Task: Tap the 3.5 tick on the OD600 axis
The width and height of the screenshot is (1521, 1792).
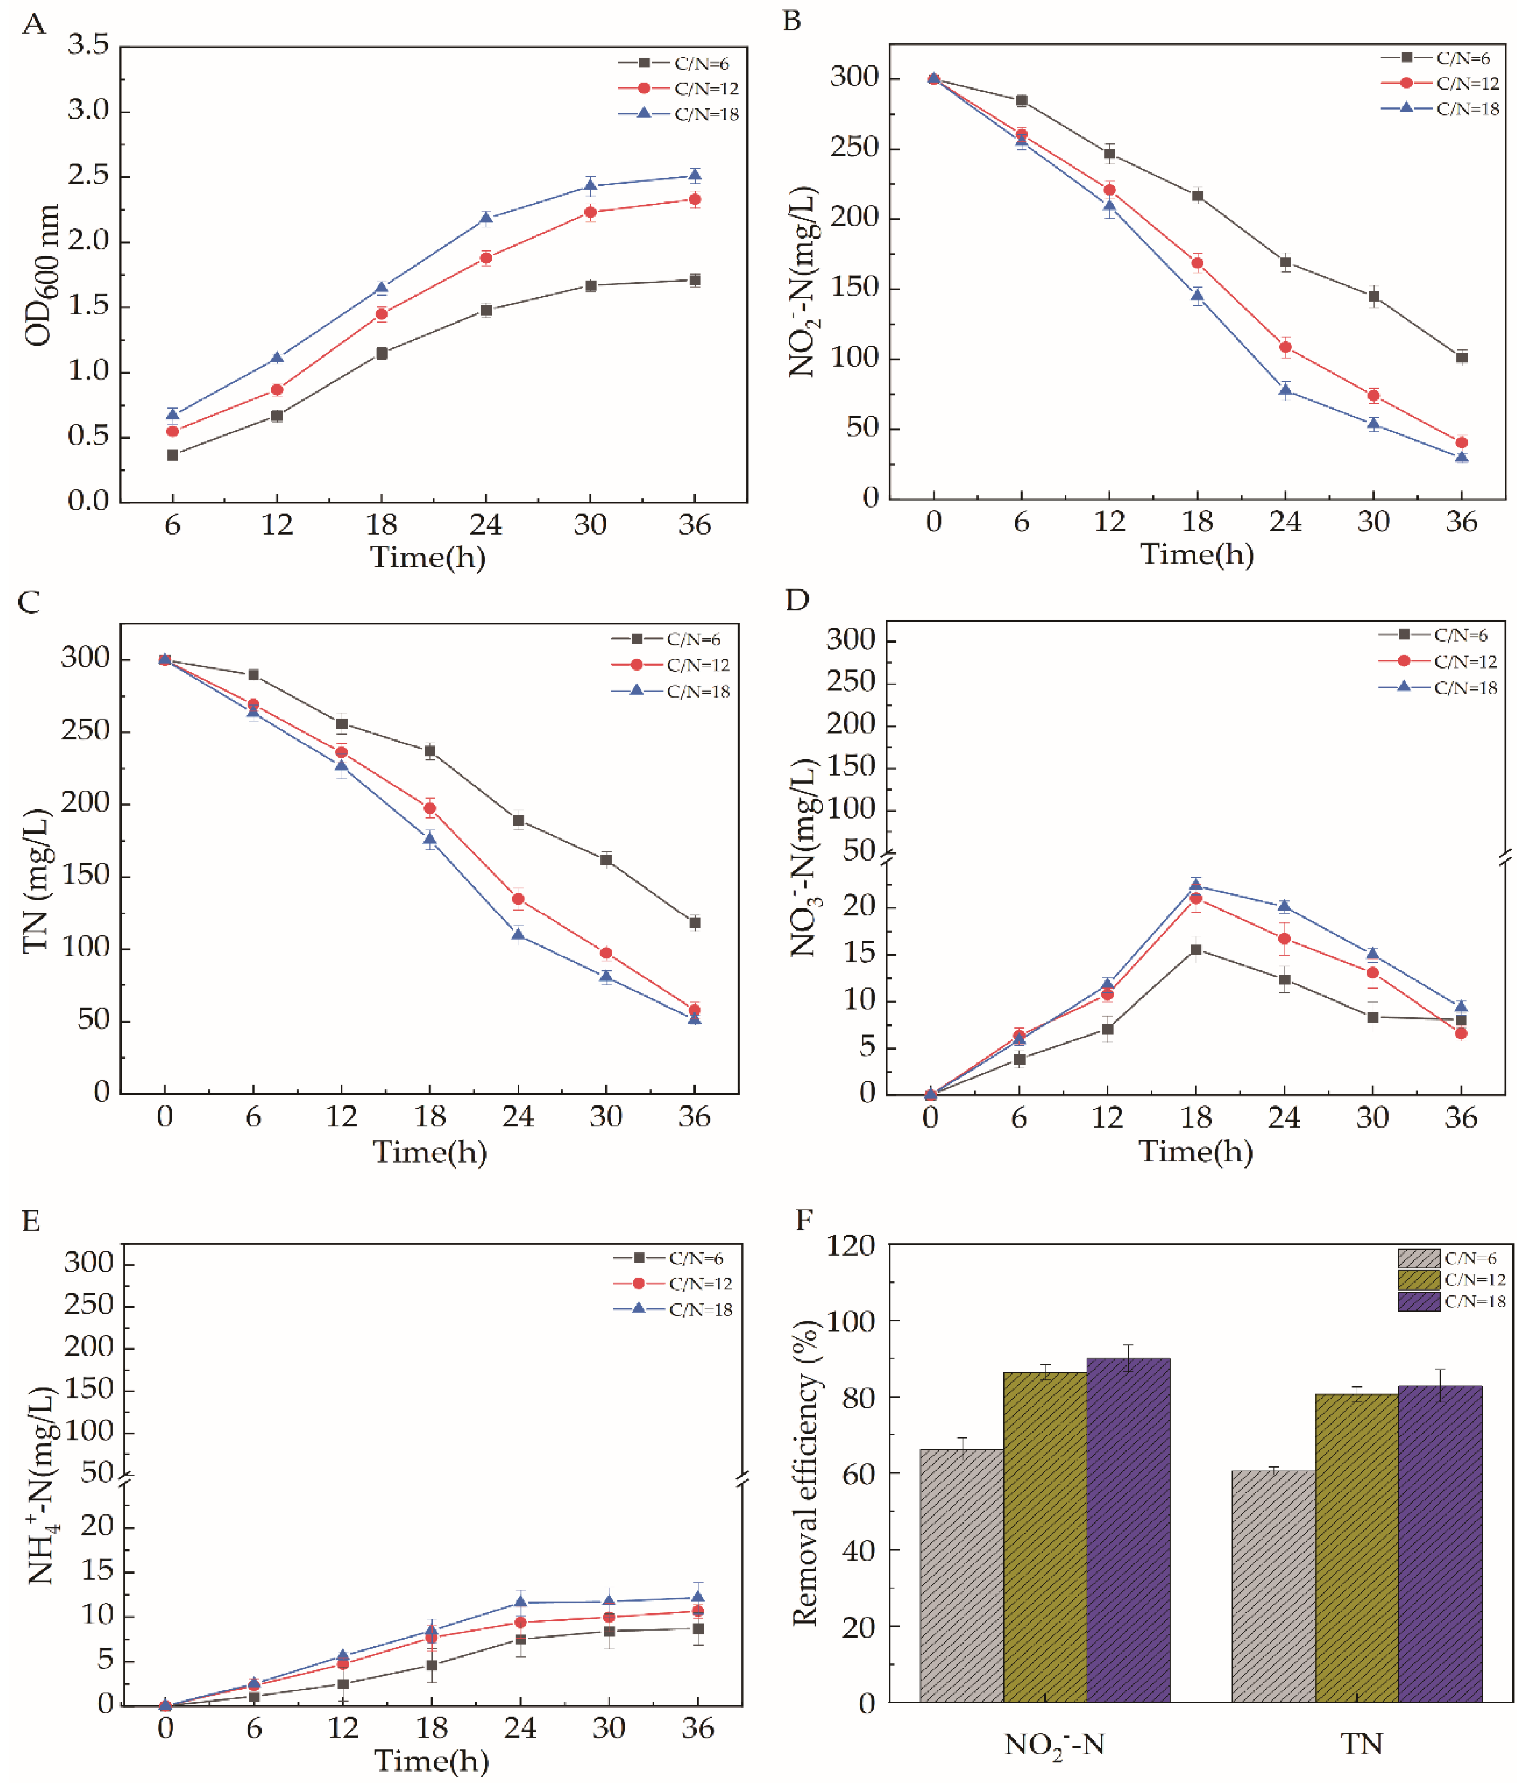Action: (x=89, y=45)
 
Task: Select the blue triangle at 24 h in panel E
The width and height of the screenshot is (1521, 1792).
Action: (x=520, y=1603)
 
